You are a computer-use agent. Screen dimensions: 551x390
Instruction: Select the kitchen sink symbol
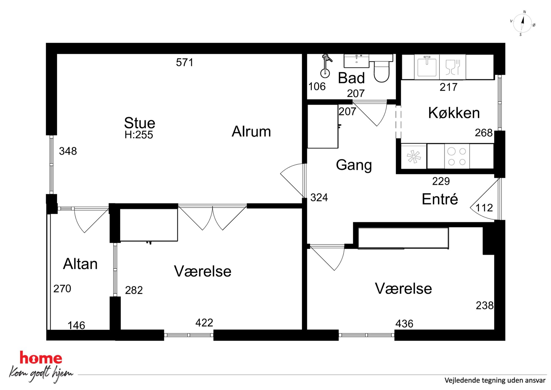click(427, 66)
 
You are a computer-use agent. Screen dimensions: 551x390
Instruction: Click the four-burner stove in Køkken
click(457, 156)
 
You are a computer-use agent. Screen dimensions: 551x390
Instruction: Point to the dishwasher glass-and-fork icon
click(453, 67)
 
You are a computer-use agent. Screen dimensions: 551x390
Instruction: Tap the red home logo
click(41, 358)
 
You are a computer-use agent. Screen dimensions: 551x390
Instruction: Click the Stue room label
click(139, 123)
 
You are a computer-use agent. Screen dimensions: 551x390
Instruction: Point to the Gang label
click(354, 165)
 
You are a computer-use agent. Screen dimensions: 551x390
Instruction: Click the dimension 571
click(185, 62)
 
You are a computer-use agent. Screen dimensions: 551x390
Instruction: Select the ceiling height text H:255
click(139, 135)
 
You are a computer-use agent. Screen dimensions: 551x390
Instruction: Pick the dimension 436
click(404, 324)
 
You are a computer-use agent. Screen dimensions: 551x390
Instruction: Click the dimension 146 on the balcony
click(76, 325)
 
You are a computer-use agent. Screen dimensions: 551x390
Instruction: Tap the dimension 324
click(319, 197)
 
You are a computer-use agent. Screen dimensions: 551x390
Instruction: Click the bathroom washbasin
click(357, 61)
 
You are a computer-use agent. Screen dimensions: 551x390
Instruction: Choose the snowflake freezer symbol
click(414, 156)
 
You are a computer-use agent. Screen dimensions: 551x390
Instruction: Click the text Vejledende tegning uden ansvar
click(495, 380)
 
